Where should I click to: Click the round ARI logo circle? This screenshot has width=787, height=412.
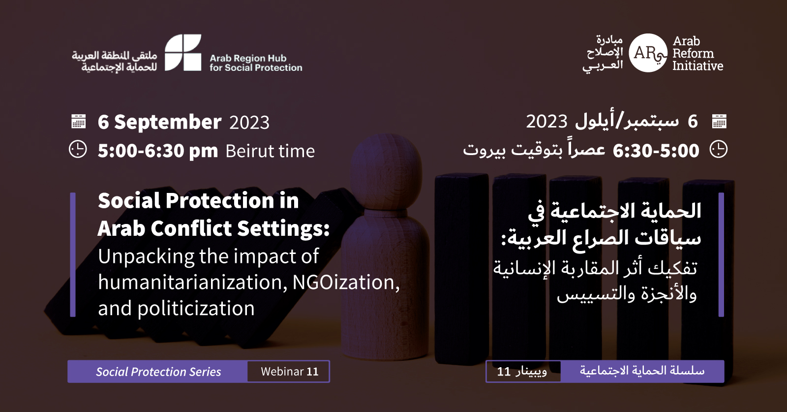pyautogui.click(x=648, y=53)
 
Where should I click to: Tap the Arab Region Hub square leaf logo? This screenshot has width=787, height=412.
pyautogui.click(x=183, y=52)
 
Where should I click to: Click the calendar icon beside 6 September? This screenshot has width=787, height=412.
pyautogui.click(x=78, y=121)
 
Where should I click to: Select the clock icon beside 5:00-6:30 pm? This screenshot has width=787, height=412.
pyautogui.click(x=78, y=150)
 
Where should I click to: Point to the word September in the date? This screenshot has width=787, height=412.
pyautogui.click(x=168, y=122)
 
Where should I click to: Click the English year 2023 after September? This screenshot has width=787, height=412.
pyautogui.click(x=249, y=123)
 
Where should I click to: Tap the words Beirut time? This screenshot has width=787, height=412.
pyautogui.click(x=270, y=151)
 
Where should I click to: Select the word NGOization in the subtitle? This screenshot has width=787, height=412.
pyautogui.click(x=346, y=282)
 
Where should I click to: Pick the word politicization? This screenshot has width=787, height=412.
pyautogui.click(x=196, y=308)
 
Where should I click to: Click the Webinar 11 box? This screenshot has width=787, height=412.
pyautogui.click(x=288, y=372)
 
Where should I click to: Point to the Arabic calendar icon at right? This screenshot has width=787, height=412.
pyautogui.click(x=719, y=121)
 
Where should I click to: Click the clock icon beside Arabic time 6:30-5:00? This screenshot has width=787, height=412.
pyautogui.click(x=719, y=150)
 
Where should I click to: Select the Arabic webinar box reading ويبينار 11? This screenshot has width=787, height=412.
pyautogui.click(x=523, y=372)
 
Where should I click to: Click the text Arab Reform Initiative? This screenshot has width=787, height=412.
pyautogui.click(x=698, y=54)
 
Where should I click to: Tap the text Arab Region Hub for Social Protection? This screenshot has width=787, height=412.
pyautogui.click(x=256, y=63)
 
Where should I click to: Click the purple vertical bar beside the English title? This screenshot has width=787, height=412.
pyautogui.click(x=73, y=254)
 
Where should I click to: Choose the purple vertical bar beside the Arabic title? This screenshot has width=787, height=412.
pyautogui.click(x=721, y=254)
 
